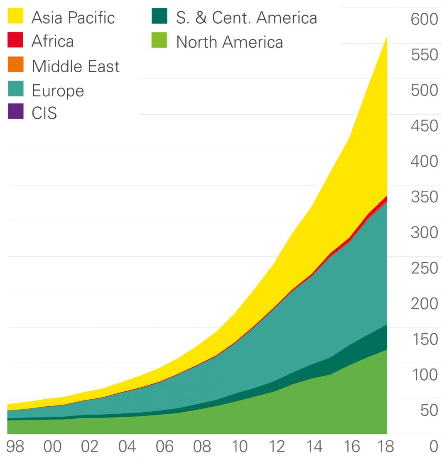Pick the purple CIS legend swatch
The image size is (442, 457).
[16, 112]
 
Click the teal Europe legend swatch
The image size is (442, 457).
[16, 89]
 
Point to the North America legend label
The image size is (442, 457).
[229, 42]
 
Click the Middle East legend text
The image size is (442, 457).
[76, 66]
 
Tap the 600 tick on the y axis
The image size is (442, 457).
[424, 20]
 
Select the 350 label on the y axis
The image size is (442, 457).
[424, 197]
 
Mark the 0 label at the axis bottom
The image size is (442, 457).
[434, 446]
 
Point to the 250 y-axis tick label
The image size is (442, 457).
[424, 268]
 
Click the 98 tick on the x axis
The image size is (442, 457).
[15, 446]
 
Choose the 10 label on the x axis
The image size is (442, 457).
[239, 446]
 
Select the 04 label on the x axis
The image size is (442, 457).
[127, 446]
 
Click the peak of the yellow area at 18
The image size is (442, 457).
[386, 37]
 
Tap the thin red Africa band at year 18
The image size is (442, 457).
[385, 199]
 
